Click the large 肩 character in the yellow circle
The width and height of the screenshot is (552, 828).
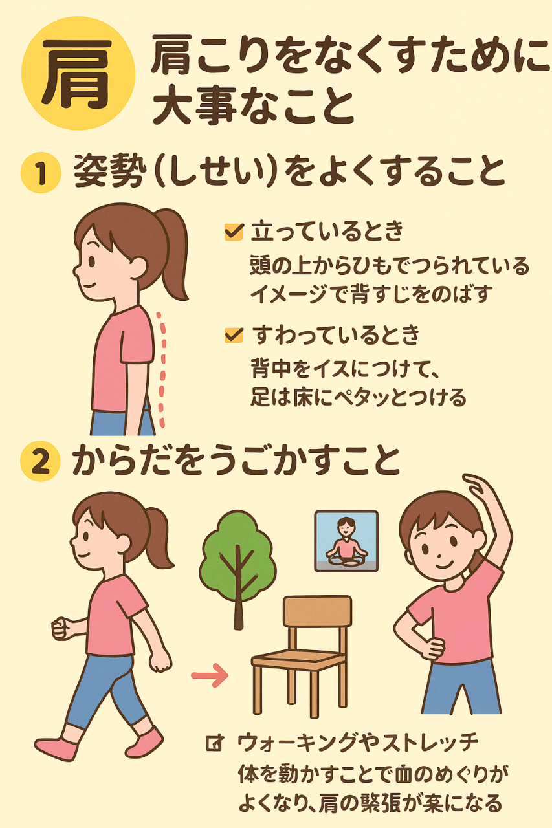tap(77, 73)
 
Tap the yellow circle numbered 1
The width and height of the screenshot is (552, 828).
tap(41, 173)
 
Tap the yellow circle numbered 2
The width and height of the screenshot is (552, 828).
tap(41, 461)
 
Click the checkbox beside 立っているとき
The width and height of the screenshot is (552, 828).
tap(234, 232)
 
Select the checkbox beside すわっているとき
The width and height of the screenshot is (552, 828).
tap(234, 335)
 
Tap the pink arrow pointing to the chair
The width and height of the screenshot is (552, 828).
tap(209, 675)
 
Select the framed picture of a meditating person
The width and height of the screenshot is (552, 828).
tap(346, 541)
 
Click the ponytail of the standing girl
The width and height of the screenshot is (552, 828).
tap(173, 252)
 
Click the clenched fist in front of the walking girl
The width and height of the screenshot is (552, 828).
tap(61, 629)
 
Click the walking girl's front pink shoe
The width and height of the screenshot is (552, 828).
tap(56, 746)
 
